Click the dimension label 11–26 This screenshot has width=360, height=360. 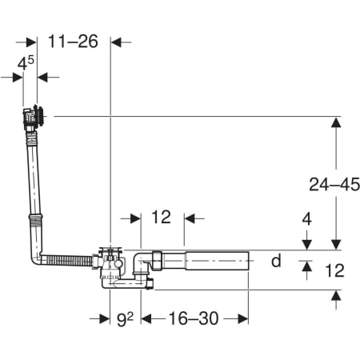[73, 42]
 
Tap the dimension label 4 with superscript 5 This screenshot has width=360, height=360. [26, 63]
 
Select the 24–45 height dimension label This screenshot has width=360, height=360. [334, 184]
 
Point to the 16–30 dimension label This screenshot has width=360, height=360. [194, 318]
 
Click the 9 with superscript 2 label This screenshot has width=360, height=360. [125, 318]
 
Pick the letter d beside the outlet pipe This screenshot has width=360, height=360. [276, 261]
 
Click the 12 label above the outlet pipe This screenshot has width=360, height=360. [161, 217]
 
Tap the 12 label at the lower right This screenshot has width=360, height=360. [335, 270]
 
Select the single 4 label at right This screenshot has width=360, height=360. [306, 219]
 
